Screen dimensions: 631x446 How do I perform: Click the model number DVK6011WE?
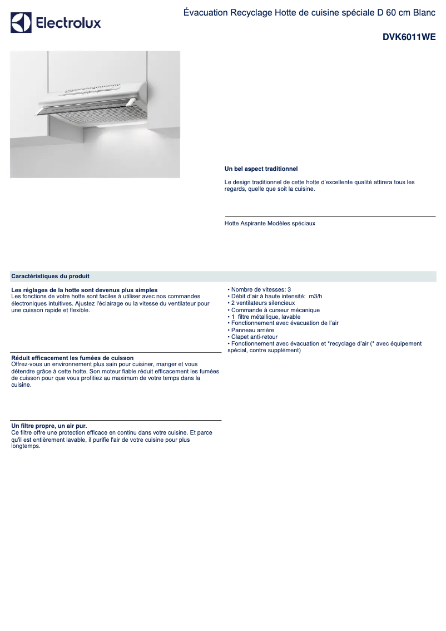pos(409,38)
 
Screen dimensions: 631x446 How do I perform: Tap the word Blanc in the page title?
pos(424,12)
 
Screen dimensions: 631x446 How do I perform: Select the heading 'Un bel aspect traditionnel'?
pos(261,169)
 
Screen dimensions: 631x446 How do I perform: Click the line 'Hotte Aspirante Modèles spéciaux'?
pos(270,223)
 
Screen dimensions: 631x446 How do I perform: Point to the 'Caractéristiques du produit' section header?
pos(50,276)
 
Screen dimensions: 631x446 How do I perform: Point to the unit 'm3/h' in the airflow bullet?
pos(315,296)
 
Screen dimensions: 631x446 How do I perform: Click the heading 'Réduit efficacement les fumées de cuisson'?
pos(72,358)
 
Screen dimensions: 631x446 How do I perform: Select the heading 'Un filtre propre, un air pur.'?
pos(49,426)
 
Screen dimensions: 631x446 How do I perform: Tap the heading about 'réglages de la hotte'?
pos(84,290)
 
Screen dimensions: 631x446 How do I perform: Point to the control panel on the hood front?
pos(92,88)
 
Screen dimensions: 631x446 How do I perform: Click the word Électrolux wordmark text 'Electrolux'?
pos(68,23)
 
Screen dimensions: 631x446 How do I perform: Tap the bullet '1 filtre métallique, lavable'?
pos(266,317)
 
